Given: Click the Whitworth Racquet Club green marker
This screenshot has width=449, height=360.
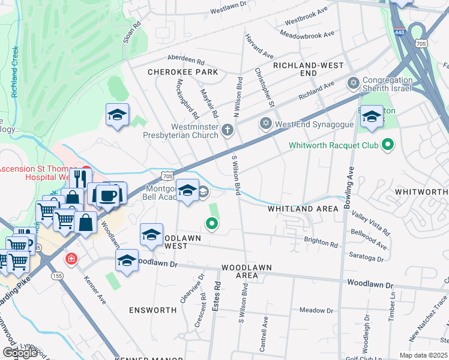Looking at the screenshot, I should [388, 145].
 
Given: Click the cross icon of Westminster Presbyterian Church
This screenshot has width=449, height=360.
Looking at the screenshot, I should [227, 129].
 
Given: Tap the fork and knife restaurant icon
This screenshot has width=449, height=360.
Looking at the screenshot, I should [80, 178].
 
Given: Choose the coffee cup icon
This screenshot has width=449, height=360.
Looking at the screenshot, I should [110, 196].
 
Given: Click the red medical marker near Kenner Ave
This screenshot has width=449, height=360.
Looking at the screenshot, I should [71, 259].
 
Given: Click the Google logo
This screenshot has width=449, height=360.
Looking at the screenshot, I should [20, 353].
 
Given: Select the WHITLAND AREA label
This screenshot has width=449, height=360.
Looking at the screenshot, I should [303, 208].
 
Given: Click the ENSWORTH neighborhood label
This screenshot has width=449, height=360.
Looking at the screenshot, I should [152, 310].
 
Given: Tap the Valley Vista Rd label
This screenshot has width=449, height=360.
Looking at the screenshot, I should [371, 223].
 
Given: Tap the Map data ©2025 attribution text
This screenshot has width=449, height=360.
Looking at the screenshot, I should [423, 355].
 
